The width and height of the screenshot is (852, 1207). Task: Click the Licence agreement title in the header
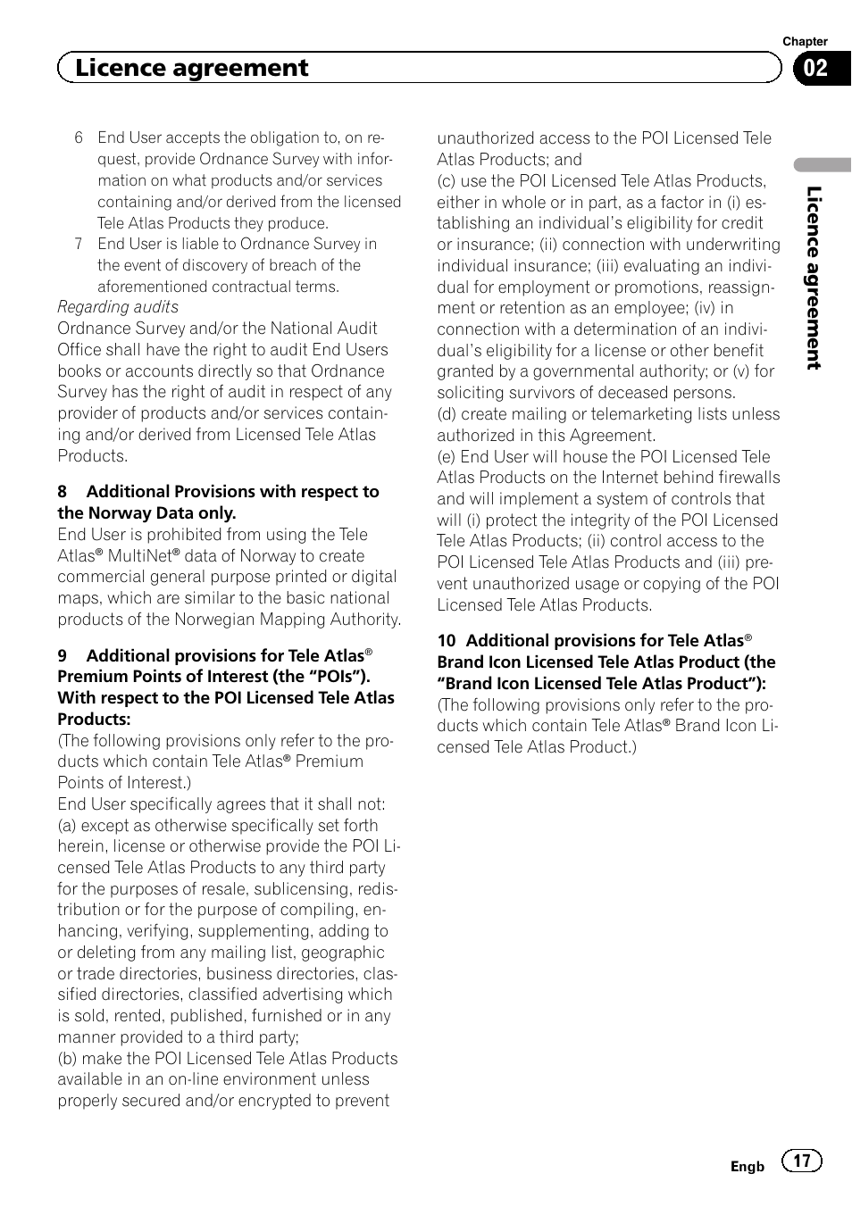pos(191,68)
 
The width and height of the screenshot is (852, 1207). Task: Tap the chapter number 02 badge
pos(815,69)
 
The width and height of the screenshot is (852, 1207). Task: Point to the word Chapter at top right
pos(805,41)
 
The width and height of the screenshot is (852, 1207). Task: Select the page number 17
pos(802,1161)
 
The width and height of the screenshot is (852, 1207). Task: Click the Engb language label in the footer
pos(748,1166)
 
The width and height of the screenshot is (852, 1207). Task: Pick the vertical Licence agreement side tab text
pos(813,278)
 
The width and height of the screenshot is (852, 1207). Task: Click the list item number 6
pos(79,137)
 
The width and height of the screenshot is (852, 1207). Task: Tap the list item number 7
pos(79,244)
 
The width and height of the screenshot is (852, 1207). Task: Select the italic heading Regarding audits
pos(118,307)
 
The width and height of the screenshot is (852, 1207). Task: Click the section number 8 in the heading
pos(63,492)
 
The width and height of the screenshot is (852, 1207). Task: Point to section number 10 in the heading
pos(447,641)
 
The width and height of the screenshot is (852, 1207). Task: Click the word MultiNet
pos(139,556)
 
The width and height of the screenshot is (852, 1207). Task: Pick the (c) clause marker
pos(447,181)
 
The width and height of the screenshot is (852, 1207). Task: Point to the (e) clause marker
pos(447,457)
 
